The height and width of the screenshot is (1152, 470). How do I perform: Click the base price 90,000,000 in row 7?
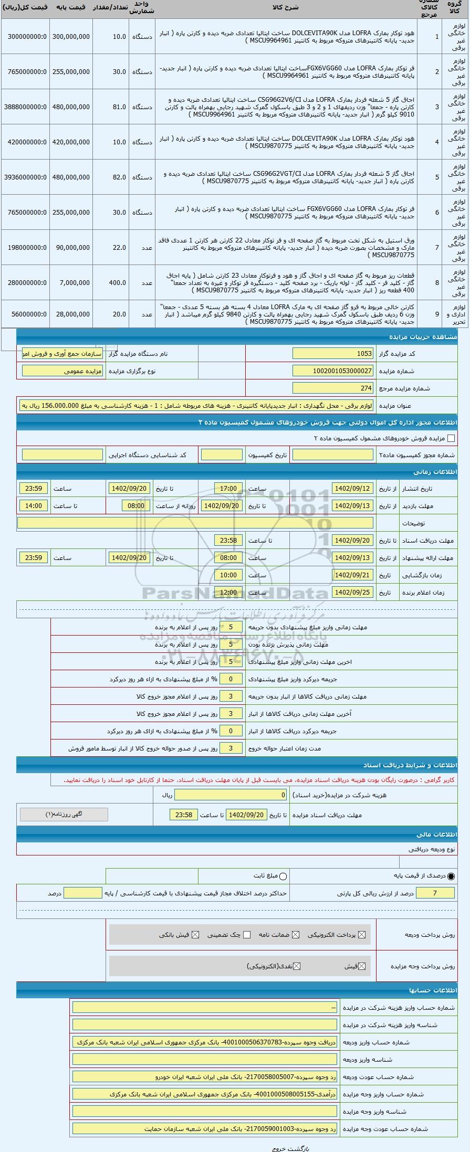tap(71, 247)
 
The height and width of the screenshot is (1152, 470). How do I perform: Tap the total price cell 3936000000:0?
tap(25, 177)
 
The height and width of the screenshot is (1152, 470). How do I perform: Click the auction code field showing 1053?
tap(333, 354)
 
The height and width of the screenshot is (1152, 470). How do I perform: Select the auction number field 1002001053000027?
tap(333, 371)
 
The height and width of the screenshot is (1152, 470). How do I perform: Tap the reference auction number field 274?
tap(333, 388)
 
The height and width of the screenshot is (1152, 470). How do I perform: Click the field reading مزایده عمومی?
tap(62, 371)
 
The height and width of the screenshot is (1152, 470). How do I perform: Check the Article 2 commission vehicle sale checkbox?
tap(451, 438)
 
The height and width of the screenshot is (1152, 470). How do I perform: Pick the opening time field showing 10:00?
tap(228, 575)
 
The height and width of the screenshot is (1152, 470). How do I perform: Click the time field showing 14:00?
tap(34, 506)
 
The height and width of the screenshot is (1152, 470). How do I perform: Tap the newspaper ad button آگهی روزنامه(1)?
tap(64, 815)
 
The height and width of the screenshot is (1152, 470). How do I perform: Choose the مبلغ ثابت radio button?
tap(284, 876)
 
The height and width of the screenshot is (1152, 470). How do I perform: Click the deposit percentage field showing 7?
tap(435, 893)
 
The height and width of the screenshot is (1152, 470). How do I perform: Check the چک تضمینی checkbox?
tap(247, 935)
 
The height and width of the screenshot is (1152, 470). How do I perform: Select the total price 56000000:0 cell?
tap(25, 314)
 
